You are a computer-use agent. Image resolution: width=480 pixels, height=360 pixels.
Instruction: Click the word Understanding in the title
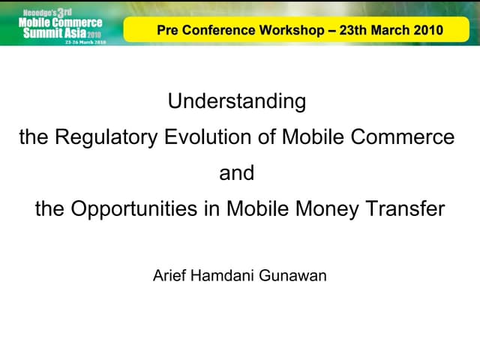point(237,102)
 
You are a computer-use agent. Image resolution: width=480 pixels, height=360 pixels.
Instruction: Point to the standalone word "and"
point(237,173)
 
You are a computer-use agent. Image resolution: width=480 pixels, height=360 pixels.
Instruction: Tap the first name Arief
point(169,276)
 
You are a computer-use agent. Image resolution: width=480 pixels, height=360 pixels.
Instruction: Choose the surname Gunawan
point(295,276)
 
